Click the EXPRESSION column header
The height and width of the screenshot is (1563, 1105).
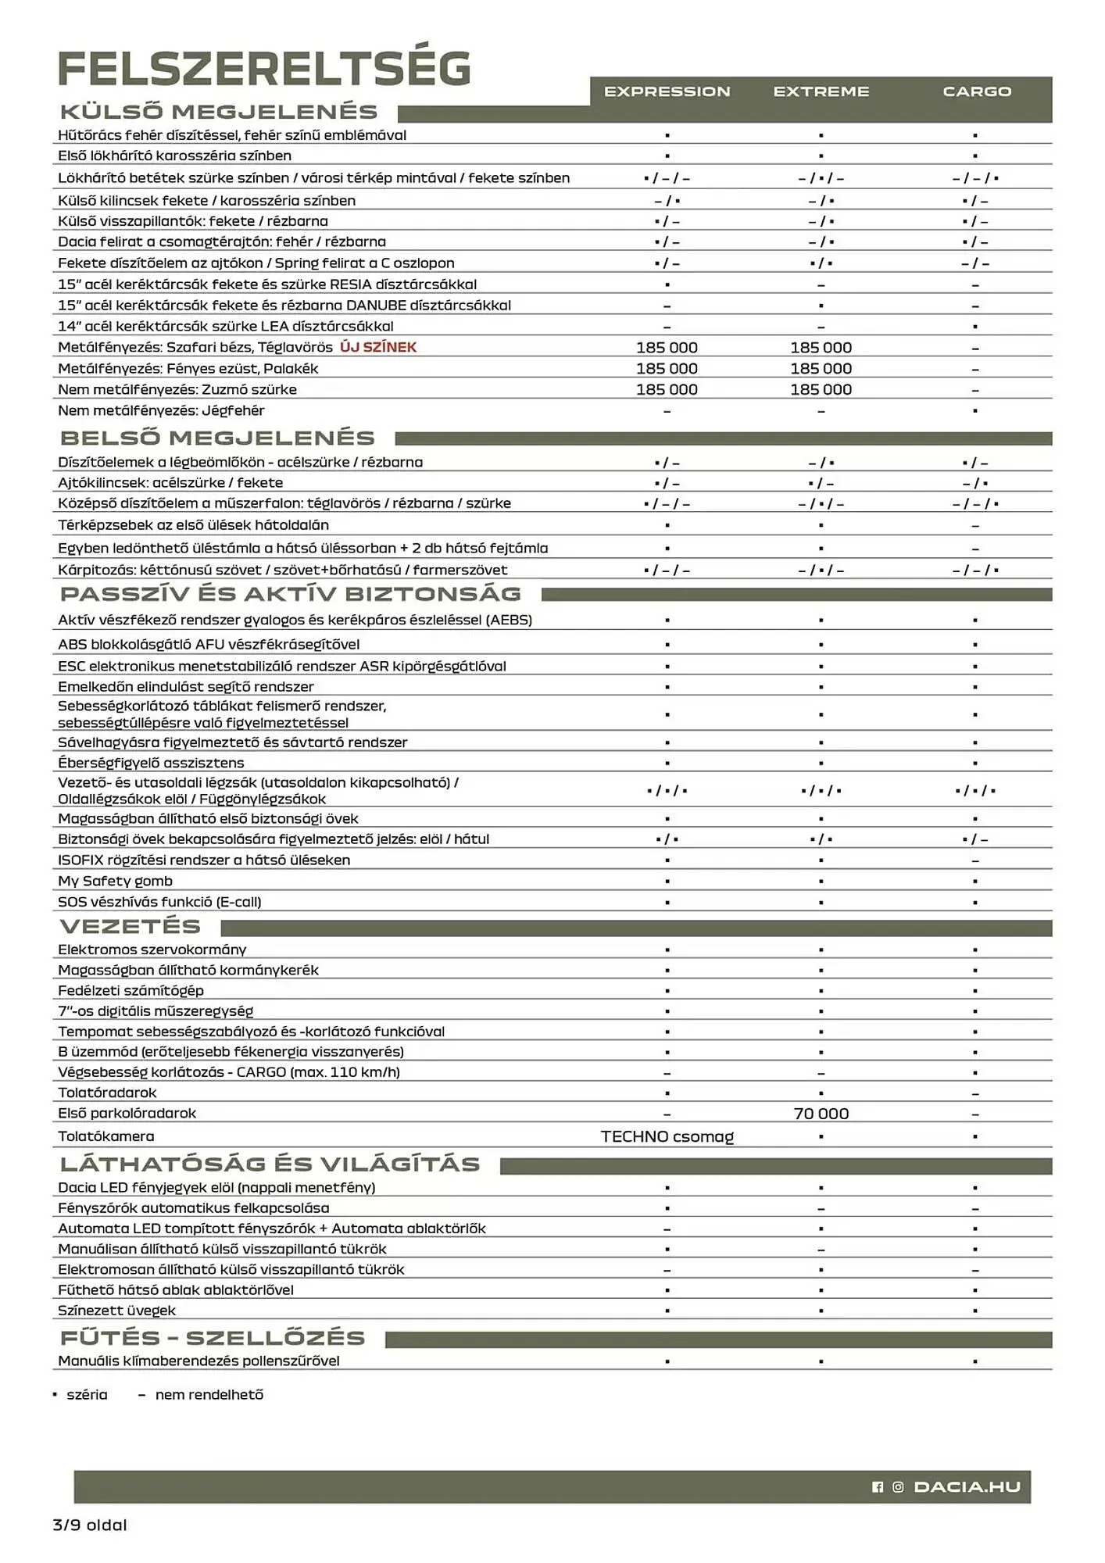(x=667, y=91)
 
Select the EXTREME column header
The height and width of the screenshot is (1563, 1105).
(x=821, y=91)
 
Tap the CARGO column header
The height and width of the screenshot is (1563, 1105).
(x=976, y=91)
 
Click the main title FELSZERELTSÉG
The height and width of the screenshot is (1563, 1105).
(x=264, y=69)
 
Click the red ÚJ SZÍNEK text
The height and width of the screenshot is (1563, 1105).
(x=378, y=347)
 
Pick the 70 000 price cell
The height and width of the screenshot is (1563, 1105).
(x=821, y=1114)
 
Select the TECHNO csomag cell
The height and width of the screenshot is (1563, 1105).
(x=667, y=1136)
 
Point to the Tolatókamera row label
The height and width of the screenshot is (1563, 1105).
(x=105, y=1136)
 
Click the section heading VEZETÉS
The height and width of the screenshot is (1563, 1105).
(x=131, y=927)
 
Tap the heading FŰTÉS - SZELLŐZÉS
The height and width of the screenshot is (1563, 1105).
(x=213, y=1338)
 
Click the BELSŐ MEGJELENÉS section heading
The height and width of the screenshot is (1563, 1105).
(x=217, y=438)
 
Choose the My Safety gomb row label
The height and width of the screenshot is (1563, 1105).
(x=115, y=881)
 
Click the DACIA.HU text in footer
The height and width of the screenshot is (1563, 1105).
(x=967, y=1486)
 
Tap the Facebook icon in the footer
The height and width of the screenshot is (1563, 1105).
(x=877, y=1486)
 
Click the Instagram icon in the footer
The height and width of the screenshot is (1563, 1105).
(x=898, y=1486)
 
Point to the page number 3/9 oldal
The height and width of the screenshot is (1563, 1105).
(x=90, y=1525)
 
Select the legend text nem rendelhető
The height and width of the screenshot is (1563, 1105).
(x=209, y=1395)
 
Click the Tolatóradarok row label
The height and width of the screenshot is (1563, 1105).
(x=107, y=1093)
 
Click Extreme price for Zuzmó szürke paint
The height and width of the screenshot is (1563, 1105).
(x=821, y=389)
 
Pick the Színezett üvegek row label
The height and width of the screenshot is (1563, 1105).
(x=116, y=1311)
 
